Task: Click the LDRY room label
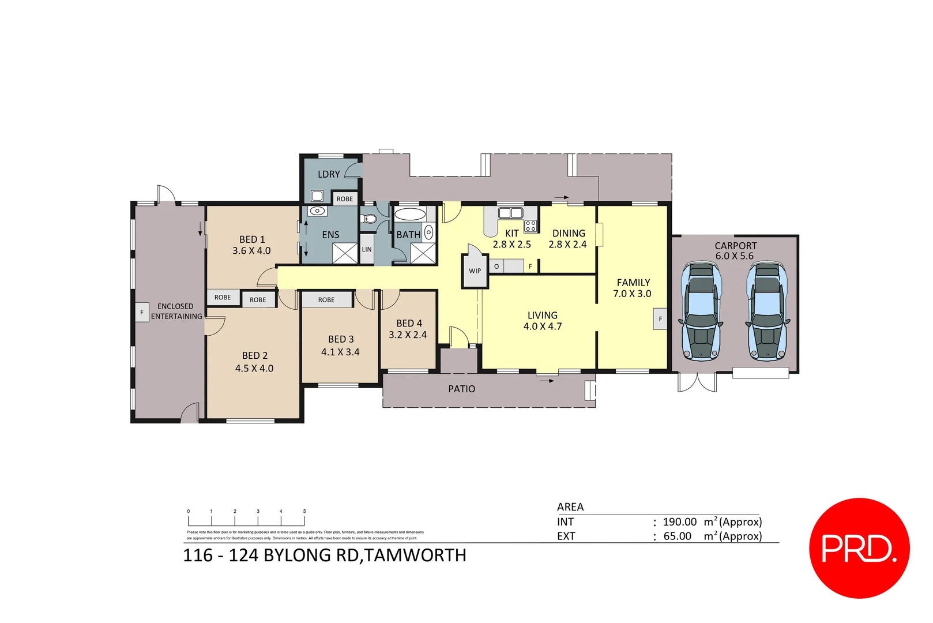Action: [x=329, y=174]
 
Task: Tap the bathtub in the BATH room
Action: [x=409, y=215]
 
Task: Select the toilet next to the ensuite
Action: [x=369, y=219]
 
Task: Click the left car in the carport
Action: [x=701, y=311]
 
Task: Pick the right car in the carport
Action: [x=768, y=311]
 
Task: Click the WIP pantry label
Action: [x=475, y=271]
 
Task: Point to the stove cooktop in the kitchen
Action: [x=531, y=226]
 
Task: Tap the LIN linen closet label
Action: [x=367, y=249]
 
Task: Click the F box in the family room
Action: [x=660, y=319]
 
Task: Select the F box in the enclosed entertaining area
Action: [x=142, y=312]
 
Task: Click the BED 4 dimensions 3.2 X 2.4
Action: [x=408, y=335]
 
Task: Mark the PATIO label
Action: [x=461, y=389]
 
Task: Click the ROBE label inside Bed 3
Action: [x=326, y=299]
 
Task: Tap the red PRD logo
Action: [x=859, y=547]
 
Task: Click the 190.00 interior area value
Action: [x=679, y=521]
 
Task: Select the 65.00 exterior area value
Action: [x=677, y=536]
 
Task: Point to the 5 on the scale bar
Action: [x=304, y=511]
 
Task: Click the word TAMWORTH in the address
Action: [x=416, y=555]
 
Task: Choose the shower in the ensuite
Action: [x=345, y=253]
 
